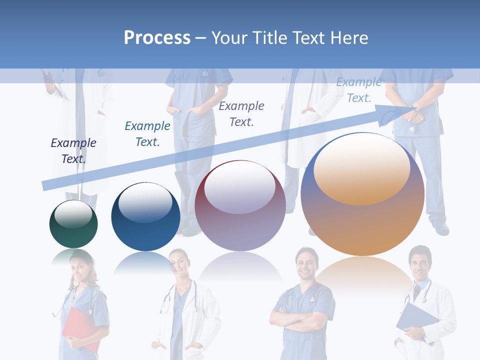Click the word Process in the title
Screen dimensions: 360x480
157,38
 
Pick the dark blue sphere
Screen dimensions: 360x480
145,217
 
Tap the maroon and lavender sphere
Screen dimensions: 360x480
240,206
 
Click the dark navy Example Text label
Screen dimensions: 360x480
73,150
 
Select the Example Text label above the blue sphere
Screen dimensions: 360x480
147,133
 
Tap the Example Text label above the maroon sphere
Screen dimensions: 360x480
241,113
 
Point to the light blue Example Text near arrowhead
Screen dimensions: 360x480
358,90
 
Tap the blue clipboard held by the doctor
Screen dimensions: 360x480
416,320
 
